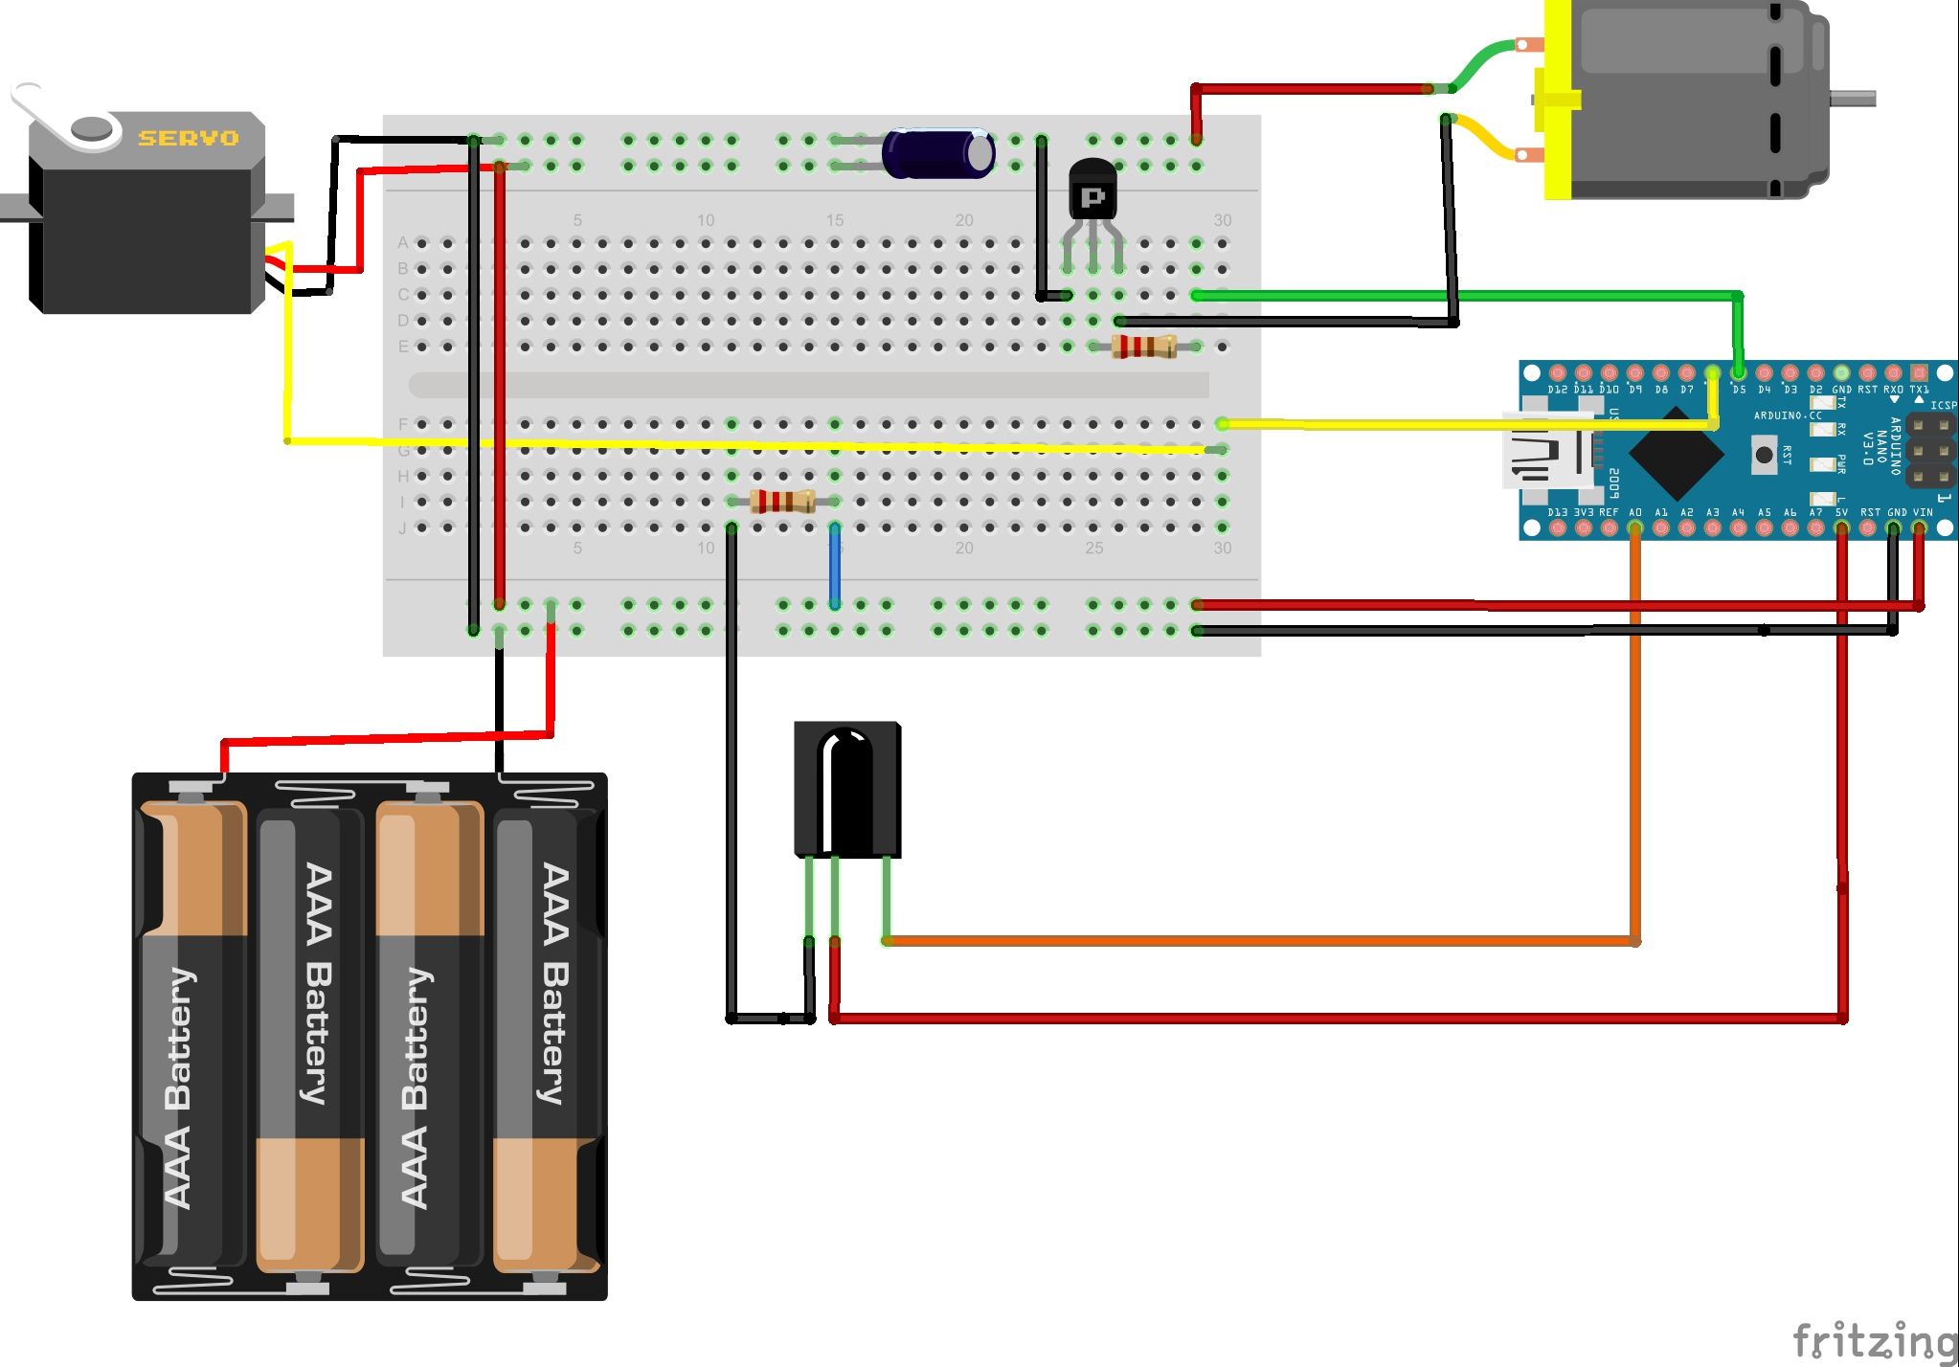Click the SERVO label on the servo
point(188,138)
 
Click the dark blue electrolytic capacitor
point(936,153)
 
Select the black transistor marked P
point(1092,191)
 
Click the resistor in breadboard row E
point(1143,347)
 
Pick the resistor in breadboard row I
point(782,501)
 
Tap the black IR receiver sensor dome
point(846,785)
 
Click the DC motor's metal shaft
point(1852,98)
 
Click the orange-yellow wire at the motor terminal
point(1484,140)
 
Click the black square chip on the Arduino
point(1676,452)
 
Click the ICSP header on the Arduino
point(1930,450)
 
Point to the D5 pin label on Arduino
point(1738,390)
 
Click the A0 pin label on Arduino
point(1635,512)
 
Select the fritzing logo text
point(1873,1340)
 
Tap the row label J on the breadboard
point(402,527)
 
